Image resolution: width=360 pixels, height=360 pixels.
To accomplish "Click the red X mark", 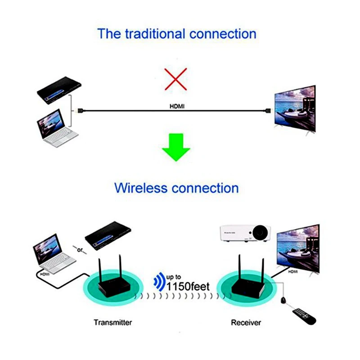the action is pyautogui.click(x=175, y=79).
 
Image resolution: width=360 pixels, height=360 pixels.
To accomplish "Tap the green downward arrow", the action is pyautogui.click(x=176, y=147).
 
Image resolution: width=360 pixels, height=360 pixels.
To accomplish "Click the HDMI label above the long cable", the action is pyautogui.click(x=177, y=106).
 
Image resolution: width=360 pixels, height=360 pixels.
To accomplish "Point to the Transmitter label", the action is pyautogui.click(x=113, y=322).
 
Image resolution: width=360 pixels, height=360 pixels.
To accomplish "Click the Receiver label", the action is pyautogui.click(x=246, y=323).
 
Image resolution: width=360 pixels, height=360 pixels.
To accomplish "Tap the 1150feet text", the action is pyautogui.click(x=188, y=287).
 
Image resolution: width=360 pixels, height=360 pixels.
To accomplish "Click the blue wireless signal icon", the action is pyautogui.click(x=159, y=282).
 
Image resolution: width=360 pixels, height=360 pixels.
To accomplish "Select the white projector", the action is pyautogui.click(x=245, y=233).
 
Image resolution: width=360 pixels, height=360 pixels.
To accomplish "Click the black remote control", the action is pyautogui.click(x=304, y=317).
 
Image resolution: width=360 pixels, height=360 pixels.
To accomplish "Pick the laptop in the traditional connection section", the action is pyautogui.click(x=58, y=128).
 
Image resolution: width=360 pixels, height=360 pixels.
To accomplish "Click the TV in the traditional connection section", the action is pyautogui.click(x=295, y=109).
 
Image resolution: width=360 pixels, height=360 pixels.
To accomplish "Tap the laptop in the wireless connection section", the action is pyautogui.click(x=54, y=253).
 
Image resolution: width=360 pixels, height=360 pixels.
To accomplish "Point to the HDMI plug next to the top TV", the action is pyautogui.click(x=268, y=111).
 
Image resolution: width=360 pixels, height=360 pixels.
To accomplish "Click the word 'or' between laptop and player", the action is pyautogui.click(x=80, y=250).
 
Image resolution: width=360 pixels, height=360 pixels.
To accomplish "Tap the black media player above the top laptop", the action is pyautogui.click(x=59, y=90).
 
